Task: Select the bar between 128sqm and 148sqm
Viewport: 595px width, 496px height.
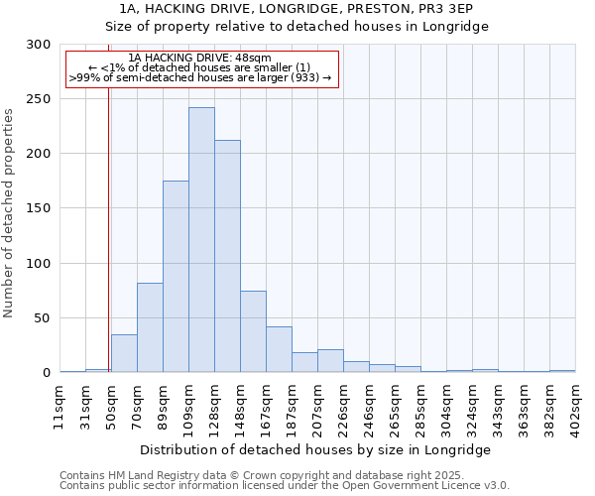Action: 227,257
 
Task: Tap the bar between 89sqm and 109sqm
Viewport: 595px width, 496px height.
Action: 176,277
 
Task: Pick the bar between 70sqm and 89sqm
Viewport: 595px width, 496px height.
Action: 150,328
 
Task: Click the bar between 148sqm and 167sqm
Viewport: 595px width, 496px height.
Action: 253,332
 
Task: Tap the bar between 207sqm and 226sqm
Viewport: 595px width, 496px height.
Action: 330,361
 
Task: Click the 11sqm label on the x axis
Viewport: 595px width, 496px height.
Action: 60,401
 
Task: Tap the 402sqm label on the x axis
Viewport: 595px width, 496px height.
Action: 576,401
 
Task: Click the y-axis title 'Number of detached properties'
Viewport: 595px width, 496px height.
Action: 10,214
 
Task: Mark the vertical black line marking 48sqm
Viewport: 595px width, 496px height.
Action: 108,228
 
